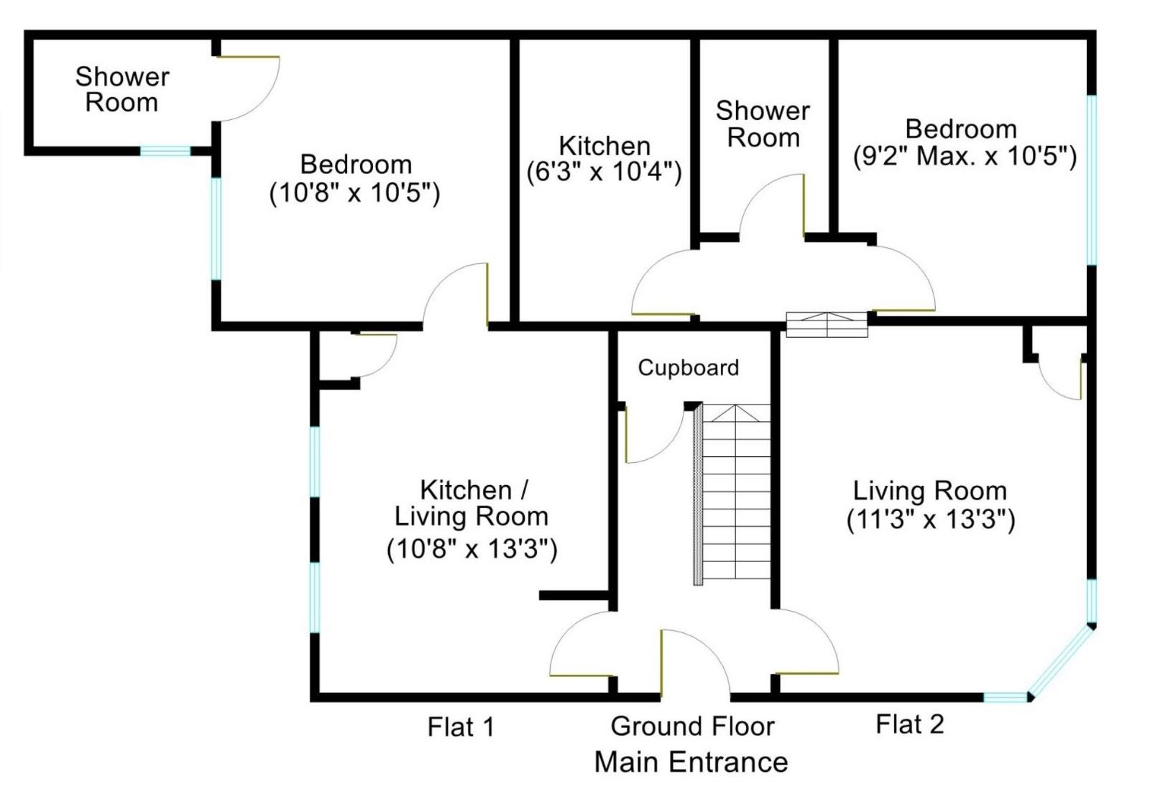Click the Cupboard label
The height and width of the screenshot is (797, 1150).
689,368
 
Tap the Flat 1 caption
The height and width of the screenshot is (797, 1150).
461,727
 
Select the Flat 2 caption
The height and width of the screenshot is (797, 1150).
910,724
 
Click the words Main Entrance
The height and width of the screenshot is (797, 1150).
691,762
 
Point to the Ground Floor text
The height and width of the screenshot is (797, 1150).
693,727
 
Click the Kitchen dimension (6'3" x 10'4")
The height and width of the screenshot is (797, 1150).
604,172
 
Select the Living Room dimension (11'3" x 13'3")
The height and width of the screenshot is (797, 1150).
931,520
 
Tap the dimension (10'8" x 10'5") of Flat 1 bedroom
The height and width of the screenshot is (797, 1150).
355,193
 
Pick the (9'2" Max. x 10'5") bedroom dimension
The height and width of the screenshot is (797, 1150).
965,156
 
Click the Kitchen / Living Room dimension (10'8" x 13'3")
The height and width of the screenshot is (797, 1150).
471,550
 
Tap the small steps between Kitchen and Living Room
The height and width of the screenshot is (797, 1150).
827,325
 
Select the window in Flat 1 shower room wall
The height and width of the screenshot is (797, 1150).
165,151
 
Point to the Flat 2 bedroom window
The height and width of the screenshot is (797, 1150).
1092,180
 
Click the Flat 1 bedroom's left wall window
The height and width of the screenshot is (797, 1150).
216,229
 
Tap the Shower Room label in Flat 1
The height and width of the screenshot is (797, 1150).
122,90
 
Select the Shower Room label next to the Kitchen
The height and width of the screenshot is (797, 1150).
763,125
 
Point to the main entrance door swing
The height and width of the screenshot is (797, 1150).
709,648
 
